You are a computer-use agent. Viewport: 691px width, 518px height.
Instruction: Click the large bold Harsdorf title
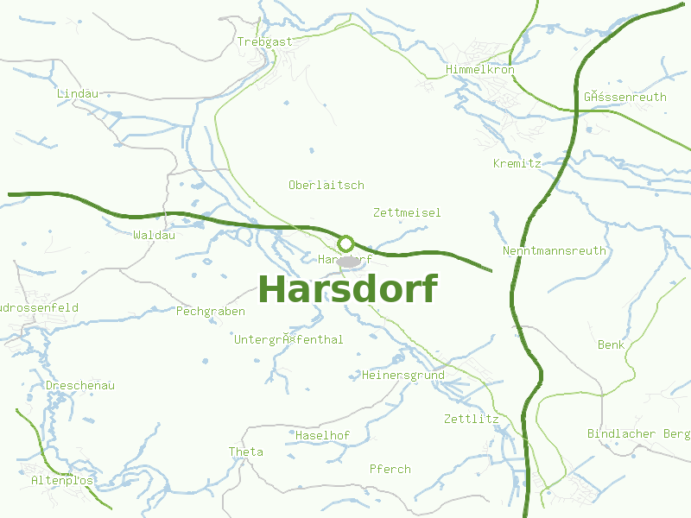tap(347, 289)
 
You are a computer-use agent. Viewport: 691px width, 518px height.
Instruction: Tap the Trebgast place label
tap(265, 41)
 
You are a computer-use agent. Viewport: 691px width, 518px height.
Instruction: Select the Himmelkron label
tap(480, 69)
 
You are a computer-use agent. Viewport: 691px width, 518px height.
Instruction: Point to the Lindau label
tap(77, 93)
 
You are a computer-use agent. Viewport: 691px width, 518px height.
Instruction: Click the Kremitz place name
tap(517, 163)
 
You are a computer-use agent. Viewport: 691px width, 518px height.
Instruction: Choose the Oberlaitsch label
tap(326, 185)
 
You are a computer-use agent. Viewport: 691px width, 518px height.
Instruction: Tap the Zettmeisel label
tap(407, 212)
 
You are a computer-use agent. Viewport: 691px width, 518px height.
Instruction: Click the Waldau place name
tap(155, 235)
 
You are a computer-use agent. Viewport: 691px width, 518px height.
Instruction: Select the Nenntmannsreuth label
tap(554, 251)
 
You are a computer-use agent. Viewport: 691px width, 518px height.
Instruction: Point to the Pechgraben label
tap(211, 312)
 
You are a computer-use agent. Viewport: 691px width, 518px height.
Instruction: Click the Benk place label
tap(611, 345)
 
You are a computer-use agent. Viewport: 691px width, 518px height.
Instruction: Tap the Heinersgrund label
tap(403, 376)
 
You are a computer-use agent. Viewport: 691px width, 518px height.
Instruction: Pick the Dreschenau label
tap(80, 386)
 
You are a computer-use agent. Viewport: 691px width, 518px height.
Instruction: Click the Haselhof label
tap(322, 436)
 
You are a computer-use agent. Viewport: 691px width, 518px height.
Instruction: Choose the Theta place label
tap(245, 452)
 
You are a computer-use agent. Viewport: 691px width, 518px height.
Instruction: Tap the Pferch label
tap(390, 470)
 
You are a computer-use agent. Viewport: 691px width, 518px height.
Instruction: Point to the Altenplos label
tap(62, 480)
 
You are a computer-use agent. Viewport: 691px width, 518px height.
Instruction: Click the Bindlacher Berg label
tap(638, 433)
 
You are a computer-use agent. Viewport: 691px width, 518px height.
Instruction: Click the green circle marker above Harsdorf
tap(345, 243)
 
